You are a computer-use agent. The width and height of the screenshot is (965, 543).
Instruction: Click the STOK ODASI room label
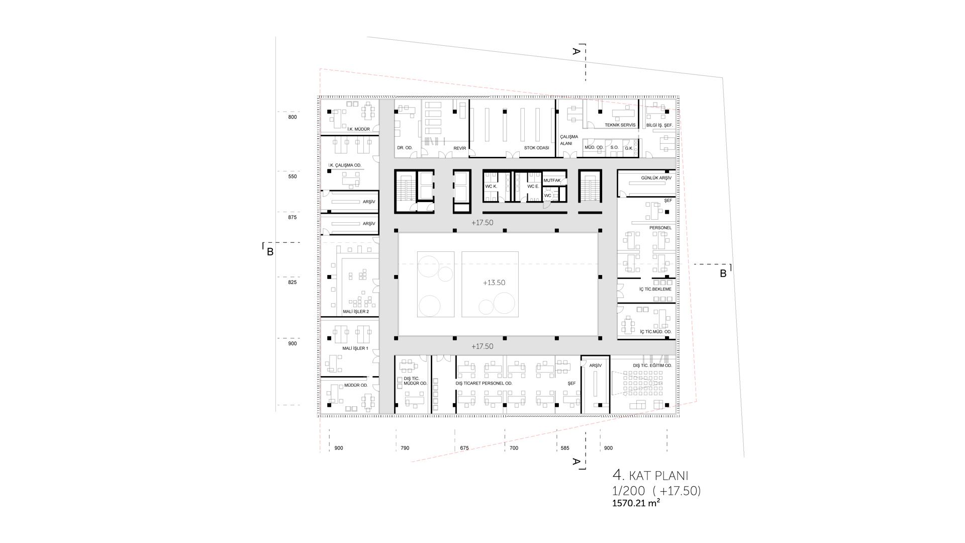coord(536,148)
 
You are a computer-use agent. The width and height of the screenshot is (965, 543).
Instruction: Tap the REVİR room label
coord(460,148)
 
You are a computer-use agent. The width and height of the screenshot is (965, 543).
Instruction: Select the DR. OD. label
coord(405,148)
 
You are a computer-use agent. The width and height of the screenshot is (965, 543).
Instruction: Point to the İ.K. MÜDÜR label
coord(358,129)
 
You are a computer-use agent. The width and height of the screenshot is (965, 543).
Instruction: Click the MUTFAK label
coord(552,180)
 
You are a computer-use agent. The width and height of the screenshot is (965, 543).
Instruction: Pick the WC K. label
coord(491,187)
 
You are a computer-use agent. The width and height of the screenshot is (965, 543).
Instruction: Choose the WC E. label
coord(533,187)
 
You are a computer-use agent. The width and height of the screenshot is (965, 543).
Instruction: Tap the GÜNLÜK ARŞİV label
coord(656,178)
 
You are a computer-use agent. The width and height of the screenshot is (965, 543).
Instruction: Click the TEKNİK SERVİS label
coord(620,125)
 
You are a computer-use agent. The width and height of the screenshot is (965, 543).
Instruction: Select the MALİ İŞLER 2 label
coord(355,312)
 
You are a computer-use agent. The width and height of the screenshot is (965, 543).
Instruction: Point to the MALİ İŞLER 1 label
coord(355,348)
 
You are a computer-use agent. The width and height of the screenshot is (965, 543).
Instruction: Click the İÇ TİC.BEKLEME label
coord(655,289)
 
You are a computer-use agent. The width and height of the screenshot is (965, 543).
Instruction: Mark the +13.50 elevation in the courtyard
coord(494,283)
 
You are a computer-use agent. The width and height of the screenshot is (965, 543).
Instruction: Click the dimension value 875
coord(293,218)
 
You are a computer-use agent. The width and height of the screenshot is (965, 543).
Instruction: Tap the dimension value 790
coord(405,448)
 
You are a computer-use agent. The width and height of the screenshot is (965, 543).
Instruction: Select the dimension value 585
coord(565,448)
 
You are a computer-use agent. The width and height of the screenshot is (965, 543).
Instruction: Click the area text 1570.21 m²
coord(636,503)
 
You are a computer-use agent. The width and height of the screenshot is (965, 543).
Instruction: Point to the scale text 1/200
coord(628,491)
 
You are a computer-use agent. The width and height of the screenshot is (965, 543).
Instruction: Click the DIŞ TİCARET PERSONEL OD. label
coord(484,383)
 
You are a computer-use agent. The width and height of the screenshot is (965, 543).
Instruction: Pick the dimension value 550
coord(293,176)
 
